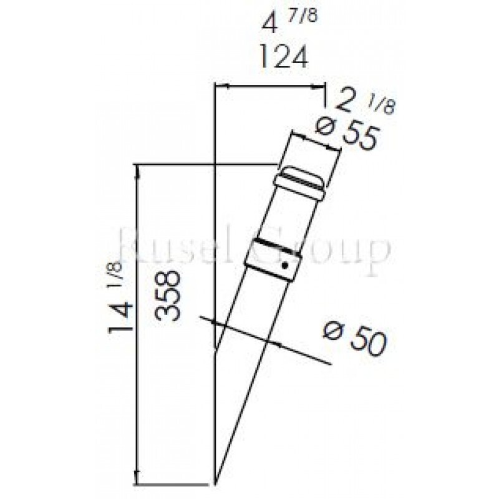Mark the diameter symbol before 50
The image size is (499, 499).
[334, 331]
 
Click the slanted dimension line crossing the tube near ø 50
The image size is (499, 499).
[268, 341]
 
